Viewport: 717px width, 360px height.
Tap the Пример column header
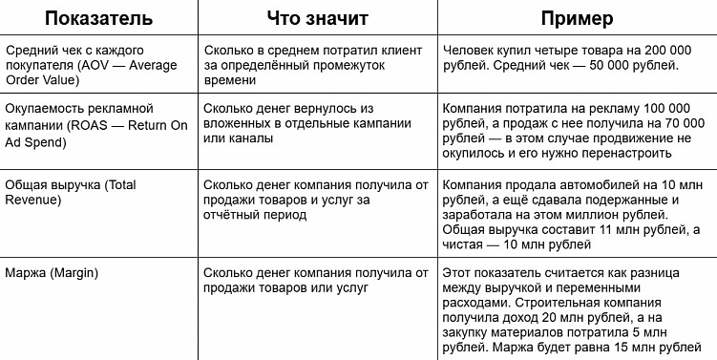[x=577, y=18]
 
